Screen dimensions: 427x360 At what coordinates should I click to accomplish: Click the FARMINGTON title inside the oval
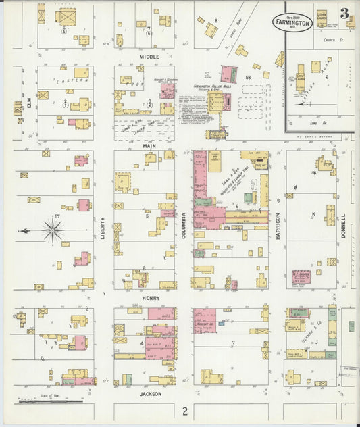[292, 22]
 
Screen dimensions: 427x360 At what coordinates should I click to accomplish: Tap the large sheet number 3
[344, 14]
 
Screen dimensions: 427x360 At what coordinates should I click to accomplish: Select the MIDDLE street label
[149, 57]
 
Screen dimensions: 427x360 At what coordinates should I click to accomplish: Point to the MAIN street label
[149, 145]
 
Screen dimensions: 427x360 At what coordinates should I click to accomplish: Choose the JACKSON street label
[151, 393]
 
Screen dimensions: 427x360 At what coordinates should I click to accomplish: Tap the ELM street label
[30, 105]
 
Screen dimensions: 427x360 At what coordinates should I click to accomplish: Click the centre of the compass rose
[52, 230]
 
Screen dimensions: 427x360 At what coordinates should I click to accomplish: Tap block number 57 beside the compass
[58, 216]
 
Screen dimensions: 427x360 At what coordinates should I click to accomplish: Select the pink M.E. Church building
[301, 277]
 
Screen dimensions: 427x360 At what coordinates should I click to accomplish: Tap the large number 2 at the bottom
[184, 410]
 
